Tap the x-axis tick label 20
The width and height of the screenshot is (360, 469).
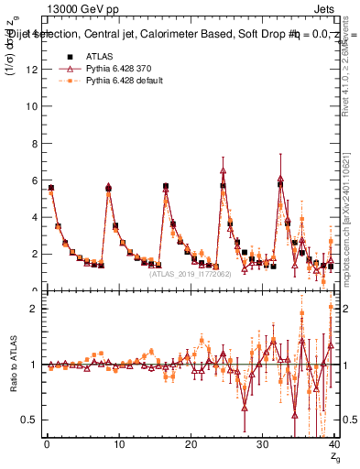(190, 445)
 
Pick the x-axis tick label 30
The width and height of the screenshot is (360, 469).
(262, 445)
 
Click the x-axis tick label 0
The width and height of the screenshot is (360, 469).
(46, 445)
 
